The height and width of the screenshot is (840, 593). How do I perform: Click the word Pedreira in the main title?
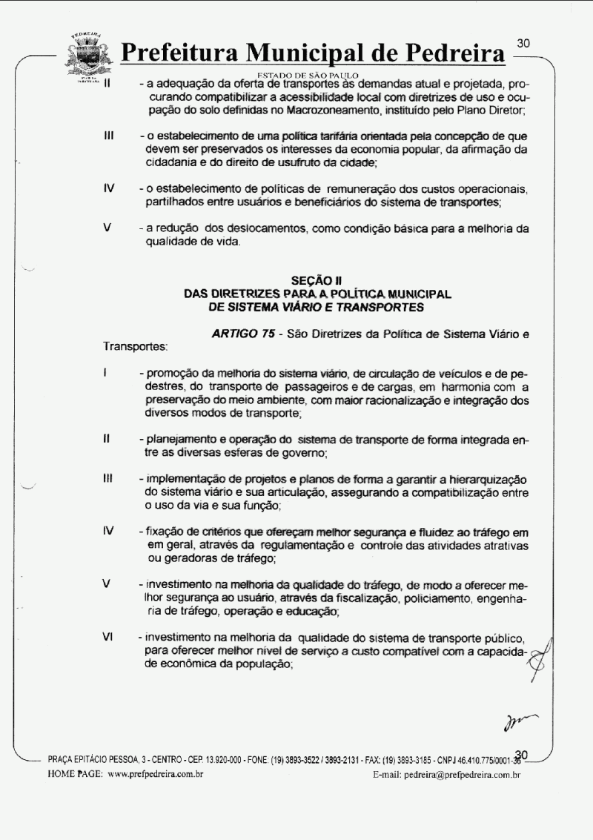(448, 54)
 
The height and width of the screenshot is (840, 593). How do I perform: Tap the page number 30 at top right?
(523, 44)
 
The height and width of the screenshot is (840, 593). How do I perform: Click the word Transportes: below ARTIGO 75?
(135, 346)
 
